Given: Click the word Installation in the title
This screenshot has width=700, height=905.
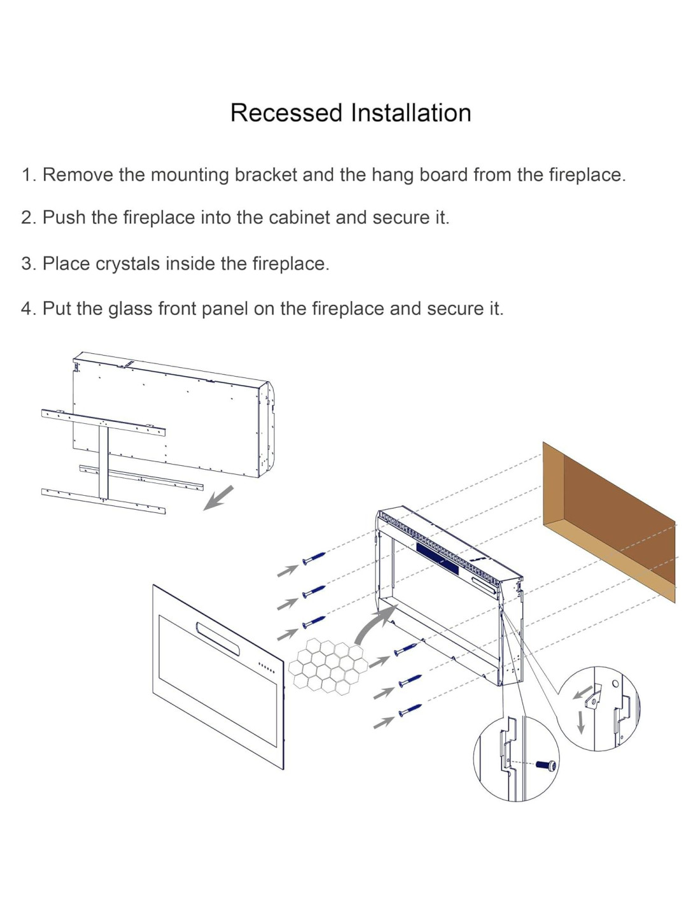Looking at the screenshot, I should click(x=410, y=113).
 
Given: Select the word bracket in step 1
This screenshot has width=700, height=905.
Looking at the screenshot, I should click(x=266, y=174).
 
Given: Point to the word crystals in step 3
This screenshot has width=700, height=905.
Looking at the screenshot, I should click(x=127, y=263).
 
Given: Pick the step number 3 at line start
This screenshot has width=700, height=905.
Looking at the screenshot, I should click(x=27, y=263).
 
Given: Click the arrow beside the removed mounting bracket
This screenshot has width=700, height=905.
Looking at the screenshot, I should click(x=219, y=497).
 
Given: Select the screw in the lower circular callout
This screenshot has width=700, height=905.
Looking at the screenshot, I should click(x=547, y=765).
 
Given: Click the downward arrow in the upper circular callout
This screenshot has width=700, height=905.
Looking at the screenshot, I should click(x=580, y=722).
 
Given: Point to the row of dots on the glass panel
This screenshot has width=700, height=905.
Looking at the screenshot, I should click(x=266, y=668).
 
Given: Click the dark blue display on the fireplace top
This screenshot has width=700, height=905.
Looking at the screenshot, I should click(x=438, y=557).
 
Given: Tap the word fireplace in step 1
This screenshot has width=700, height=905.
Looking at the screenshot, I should click(x=585, y=174).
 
